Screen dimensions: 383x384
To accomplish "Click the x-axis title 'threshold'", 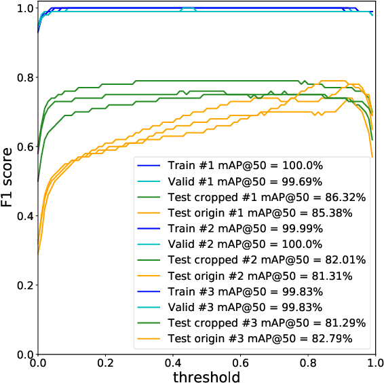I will point(206,374).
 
